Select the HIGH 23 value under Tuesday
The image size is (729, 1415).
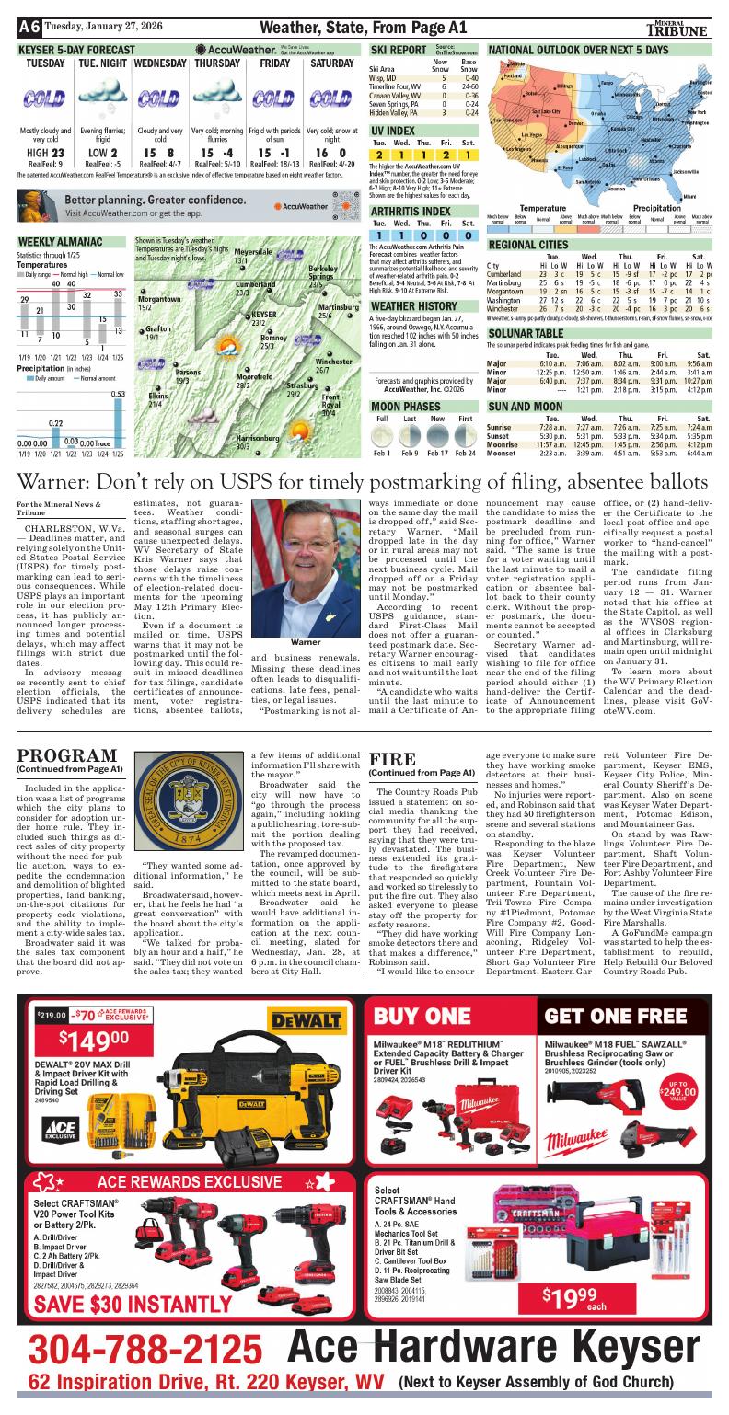45,153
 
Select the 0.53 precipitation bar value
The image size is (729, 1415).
118,394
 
